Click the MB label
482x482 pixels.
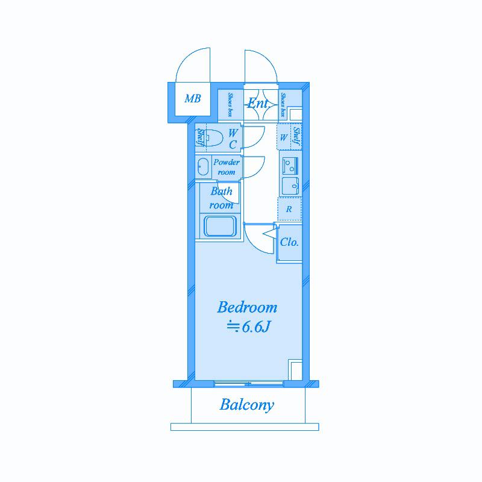[x=193, y=99]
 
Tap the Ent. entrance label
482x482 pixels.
[x=258, y=103]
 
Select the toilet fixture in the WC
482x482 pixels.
[x=214, y=137]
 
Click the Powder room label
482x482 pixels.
[x=227, y=167]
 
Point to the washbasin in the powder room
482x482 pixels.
[x=202, y=167]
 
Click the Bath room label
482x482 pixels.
[x=221, y=198]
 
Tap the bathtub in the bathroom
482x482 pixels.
[x=220, y=227]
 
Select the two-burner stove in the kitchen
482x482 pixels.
[x=290, y=166]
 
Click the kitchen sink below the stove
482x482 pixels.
[x=290, y=186]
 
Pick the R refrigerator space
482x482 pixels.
[x=289, y=209]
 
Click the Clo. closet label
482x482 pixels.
[x=289, y=242]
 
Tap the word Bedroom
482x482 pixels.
[x=247, y=307]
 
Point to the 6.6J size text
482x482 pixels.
[x=255, y=327]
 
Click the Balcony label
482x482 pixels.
[x=246, y=405]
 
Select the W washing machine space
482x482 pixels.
[x=284, y=137]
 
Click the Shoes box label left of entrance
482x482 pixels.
[x=230, y=104]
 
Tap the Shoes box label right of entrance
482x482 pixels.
[x=283, y=105]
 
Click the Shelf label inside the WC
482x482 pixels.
[x=200, y=137]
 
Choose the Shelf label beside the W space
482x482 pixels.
[x=296, y=136]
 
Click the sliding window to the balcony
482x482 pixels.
[x=248, y=383]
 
